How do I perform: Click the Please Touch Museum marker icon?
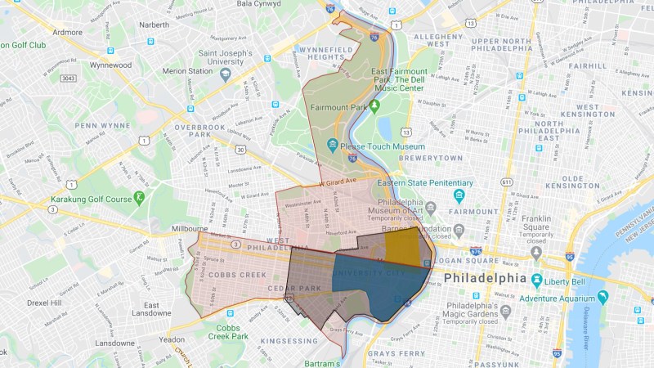point(332,145)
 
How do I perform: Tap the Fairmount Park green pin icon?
point(375,106)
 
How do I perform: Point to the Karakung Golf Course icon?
point(140,197)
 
